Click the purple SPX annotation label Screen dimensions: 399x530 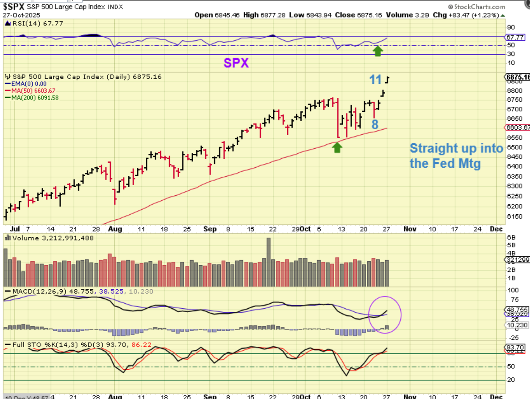[x=236, y=63]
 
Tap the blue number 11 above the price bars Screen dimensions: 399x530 [x=375, y=80]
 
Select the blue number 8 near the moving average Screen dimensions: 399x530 [x=375, y=125]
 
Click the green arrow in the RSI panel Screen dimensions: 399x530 [x=377, y=51]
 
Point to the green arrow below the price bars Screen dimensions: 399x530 [x=337, y=147]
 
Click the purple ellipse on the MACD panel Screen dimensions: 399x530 [x=385, y=314]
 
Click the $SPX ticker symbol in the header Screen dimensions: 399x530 [x=14, y=6]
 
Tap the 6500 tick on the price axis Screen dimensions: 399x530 [x=514, y=147]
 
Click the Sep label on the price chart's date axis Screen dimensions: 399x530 [x=210, y=229]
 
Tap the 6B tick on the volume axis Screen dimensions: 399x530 [x=511, y=238]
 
